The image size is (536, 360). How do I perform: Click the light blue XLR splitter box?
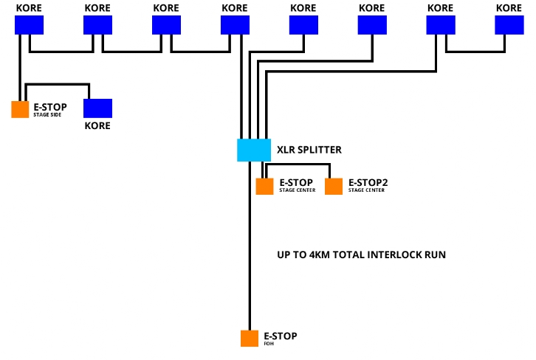point(254,150)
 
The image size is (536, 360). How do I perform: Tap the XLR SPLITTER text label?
point(309,150)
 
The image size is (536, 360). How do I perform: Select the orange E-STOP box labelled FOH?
point(250,339)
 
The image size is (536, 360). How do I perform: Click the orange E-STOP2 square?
point(334,187)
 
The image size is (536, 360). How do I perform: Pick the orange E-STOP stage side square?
point(20,109)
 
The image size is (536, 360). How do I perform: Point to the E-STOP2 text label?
point(368,182)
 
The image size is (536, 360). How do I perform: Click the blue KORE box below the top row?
point(97,108)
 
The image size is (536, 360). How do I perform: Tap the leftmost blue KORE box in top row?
point(29,25)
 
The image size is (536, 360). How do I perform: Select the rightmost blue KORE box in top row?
point(509,25)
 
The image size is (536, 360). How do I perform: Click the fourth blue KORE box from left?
point(235,25)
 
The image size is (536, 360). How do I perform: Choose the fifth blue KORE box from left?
point(303,25)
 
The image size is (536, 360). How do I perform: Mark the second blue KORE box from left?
point(97,25)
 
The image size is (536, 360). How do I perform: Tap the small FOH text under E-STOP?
point(269,344)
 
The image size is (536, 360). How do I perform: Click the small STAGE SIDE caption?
point(47,115)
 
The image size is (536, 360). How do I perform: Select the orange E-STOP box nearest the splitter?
point(265,187)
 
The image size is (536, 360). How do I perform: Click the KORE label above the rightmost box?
point(509,8)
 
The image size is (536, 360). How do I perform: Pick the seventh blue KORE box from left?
point(440,25)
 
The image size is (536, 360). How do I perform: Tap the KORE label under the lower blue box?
point(97,125)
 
